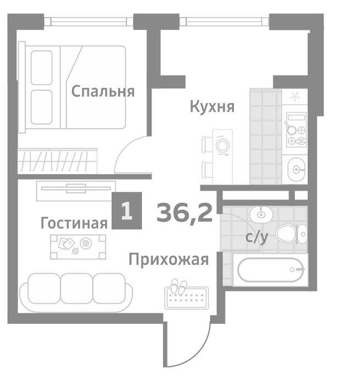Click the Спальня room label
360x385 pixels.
coord(103,91)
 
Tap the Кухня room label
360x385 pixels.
coord(212,106)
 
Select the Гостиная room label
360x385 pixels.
coord(74,223)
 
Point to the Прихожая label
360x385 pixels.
coord(168,259)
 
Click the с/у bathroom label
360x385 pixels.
coord(257,238)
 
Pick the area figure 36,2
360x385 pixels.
coord(184,212)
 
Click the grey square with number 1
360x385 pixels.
coord(127,211)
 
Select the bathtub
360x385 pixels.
coord(270,270)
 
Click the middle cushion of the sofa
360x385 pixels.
coord(76,288)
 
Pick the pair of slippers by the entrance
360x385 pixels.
coord(178,286)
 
